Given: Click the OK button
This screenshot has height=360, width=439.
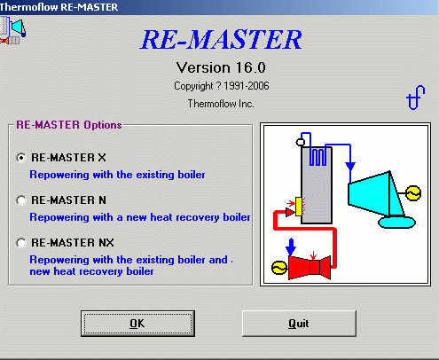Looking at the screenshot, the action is pos(137,324).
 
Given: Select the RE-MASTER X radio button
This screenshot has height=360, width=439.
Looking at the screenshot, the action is pos(21,158).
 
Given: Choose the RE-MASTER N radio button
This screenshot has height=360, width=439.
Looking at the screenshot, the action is pos(21,200).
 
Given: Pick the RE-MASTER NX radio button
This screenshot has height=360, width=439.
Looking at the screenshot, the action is pos(21,243).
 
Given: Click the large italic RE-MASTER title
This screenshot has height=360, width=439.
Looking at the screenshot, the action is pos(221,39).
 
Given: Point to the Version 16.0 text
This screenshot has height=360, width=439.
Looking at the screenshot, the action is pos(221,67).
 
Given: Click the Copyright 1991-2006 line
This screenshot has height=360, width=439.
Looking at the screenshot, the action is pos(222,86).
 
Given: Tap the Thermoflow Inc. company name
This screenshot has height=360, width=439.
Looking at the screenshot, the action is pos(221,104).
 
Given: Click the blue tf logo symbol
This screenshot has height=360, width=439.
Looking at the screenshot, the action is pos(416,98).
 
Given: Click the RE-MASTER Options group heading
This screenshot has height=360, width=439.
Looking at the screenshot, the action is pos(69,125).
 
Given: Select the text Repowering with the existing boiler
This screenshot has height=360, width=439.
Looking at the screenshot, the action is pos(117,175).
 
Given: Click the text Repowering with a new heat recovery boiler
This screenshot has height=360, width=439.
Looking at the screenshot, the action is pos(140,217).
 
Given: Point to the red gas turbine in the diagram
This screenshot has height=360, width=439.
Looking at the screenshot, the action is pos(310,267).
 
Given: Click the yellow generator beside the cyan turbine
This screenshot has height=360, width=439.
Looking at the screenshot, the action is pos(413,193).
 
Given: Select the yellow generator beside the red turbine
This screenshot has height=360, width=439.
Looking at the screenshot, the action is pos(279,268).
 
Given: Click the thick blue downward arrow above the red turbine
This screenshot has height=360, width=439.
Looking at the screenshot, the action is pos(291,247).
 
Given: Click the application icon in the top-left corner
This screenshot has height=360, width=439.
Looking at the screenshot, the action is pos(13,30).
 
